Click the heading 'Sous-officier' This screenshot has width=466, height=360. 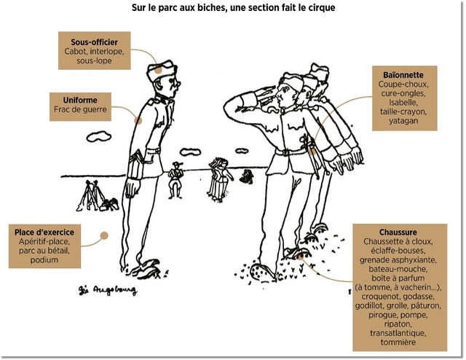[x=94, y=43]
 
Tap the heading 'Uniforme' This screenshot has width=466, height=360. [x=80, y=100]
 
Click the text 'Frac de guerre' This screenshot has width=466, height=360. [x=80, y=109]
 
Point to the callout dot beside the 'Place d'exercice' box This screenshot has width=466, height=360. [x=104, y=235]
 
